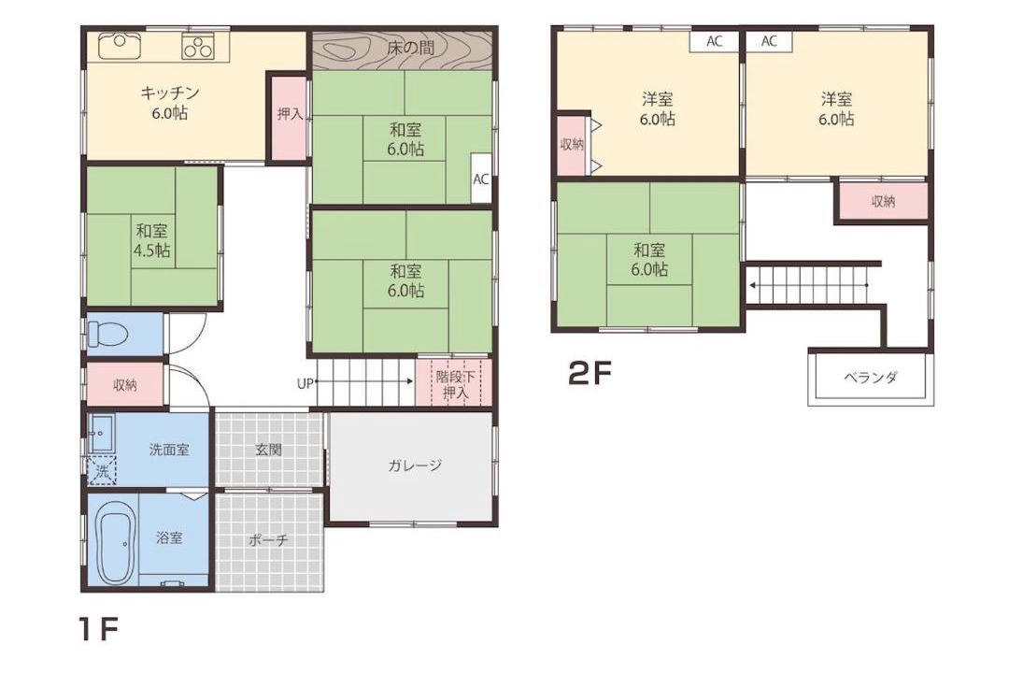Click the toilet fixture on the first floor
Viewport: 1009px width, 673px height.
[107, 334]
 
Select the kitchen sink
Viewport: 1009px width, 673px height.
[120, 46]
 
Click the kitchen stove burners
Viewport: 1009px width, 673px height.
[197, 46]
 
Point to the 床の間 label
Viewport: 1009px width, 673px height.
[410, 47]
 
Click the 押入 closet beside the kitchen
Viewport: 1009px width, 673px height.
[289, 115]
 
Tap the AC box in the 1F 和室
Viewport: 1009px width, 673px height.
[481, 179]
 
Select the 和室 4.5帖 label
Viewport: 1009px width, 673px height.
[152, 240]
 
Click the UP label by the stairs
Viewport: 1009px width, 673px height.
[305, 384]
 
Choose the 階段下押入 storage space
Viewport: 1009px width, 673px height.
[453, 382]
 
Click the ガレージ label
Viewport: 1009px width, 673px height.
[415, 465]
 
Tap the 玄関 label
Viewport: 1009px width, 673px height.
[268, 450]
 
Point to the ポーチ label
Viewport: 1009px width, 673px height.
[268, 539]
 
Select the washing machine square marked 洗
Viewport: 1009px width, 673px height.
[102, 471]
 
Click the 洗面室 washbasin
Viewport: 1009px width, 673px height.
[101, 434]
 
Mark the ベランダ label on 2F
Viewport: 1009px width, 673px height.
[871, 378]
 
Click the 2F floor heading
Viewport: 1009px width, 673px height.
[590, 373]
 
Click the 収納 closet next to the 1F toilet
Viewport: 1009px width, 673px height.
[125, 385]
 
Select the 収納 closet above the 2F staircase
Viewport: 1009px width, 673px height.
[883, 202]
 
